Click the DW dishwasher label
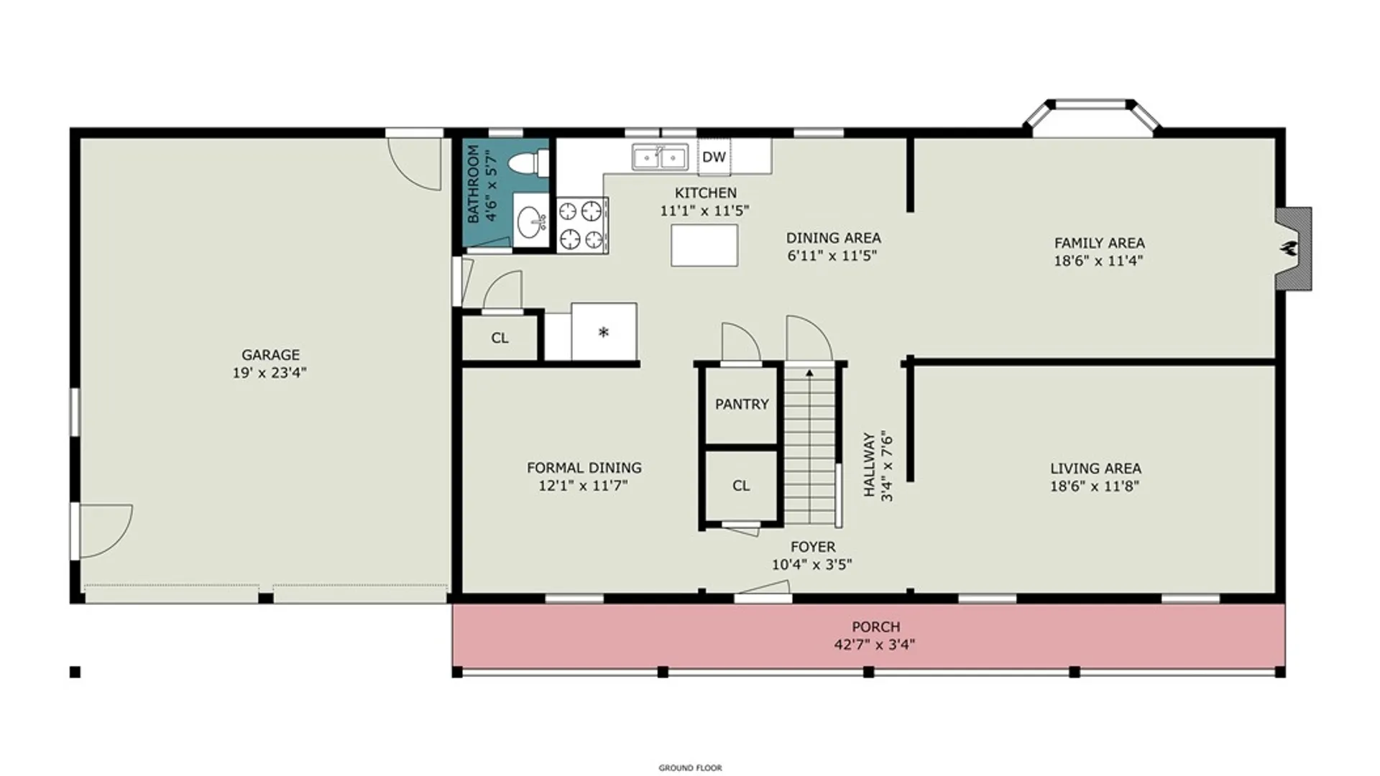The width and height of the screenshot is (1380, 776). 714,157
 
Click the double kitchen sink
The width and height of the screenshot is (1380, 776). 660,157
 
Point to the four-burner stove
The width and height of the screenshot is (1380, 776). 582,225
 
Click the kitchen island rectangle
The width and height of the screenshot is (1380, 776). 704,246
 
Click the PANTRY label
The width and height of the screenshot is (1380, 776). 742,405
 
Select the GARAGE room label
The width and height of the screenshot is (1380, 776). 270,355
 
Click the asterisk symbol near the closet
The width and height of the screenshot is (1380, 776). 604,332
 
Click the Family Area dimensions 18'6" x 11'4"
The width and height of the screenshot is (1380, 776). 1098,261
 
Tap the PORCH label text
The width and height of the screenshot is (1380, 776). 875,627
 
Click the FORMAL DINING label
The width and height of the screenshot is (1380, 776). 584,468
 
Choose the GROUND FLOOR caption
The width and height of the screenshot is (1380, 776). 690,768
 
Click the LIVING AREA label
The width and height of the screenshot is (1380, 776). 1095,468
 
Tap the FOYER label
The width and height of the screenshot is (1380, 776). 813,547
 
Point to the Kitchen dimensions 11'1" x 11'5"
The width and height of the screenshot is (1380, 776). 704,211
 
